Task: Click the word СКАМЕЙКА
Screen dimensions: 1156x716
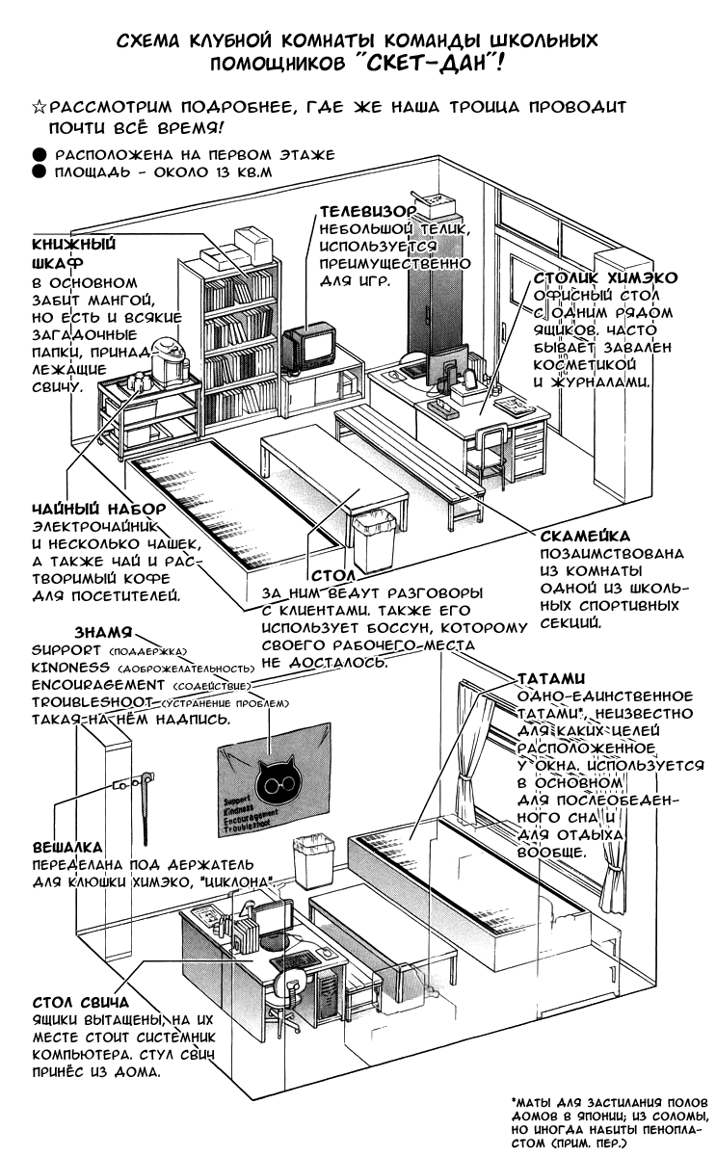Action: click(x=586, y=535)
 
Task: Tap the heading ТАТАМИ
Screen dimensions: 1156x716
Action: click(x=549, y=678)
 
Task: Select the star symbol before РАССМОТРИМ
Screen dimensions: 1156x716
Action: click(x=39, y=106)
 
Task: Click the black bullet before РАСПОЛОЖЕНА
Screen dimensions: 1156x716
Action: click(x=38, y=154)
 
